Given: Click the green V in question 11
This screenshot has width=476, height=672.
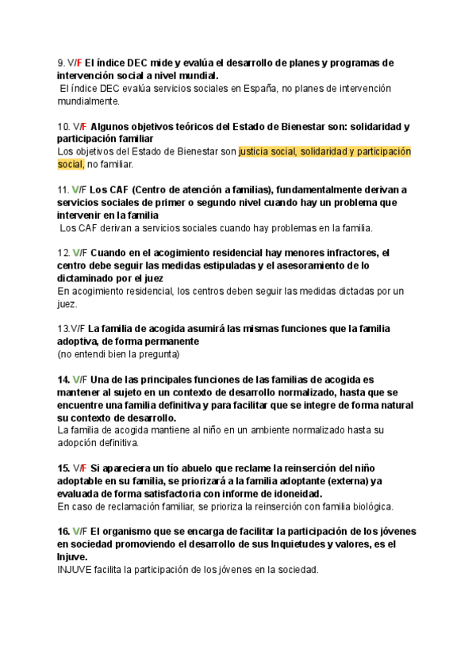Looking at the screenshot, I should coord(74,189).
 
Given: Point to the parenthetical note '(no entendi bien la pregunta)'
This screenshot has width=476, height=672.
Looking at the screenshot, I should coord(118,354).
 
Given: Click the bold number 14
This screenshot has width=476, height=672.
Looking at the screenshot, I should coord(63,380).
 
